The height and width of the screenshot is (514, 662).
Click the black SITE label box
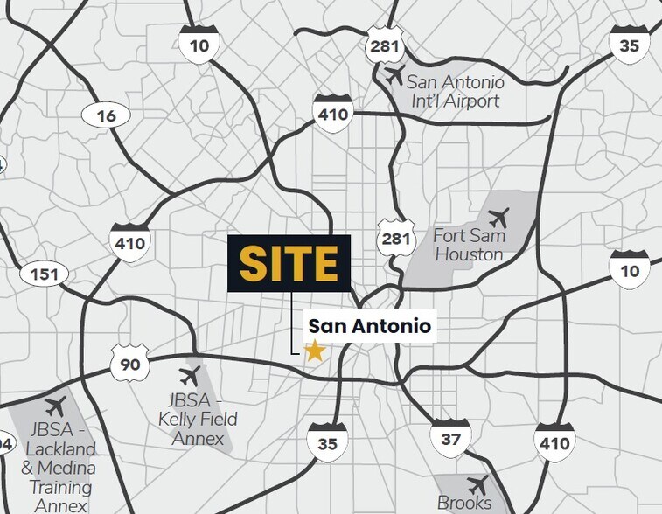pos(289,263)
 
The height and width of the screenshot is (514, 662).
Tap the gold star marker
pos(314,351)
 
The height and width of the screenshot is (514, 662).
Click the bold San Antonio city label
pos(369,327)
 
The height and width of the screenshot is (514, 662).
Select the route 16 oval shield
pos(106,115)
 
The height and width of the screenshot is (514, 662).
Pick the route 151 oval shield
pos(44,275)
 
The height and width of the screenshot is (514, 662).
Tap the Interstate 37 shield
pos(450,438)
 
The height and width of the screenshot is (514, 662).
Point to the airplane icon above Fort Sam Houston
pos(498,216)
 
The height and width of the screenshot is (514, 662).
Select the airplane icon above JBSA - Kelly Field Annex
pos(188,377)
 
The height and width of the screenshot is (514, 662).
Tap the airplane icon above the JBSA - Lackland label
pos(55,406)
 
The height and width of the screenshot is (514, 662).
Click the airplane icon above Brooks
pos(477,484)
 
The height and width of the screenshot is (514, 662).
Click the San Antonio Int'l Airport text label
pos(456,92)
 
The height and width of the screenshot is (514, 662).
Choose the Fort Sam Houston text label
pos(469,246)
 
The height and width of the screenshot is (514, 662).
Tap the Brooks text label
pos(464,504)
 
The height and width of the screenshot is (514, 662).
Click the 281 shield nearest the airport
pos(386,45)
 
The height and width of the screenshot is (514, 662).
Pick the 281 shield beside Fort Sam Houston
pos(396,238)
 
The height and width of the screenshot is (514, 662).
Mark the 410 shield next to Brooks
pos(554,442)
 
